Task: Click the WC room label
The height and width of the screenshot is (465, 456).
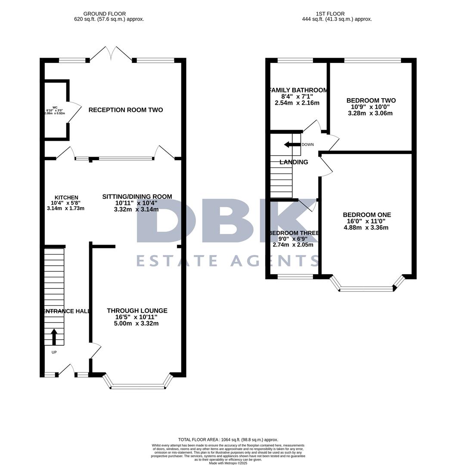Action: pos(55,107)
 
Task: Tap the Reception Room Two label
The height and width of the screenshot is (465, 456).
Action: pos(126,110)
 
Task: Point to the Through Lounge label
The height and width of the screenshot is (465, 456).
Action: pos(137,310)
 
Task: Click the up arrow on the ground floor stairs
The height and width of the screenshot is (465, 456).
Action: pos(54,337)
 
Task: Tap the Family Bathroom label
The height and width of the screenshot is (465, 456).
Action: pos(298,90)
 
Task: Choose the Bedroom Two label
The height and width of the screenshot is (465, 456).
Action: pos(371,101)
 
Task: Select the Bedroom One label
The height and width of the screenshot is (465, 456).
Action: pos(367,215)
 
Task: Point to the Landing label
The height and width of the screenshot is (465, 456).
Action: pos(294,162)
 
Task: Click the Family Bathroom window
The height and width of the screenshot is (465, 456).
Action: pos(295,60)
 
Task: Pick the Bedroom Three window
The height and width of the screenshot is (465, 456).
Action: pos(295,277)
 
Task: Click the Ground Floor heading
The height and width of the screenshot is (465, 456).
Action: pos(105,14)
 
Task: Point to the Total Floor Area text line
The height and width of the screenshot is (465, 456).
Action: pos(228,440)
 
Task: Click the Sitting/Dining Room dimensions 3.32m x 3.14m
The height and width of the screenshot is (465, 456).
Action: pos(137,210)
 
